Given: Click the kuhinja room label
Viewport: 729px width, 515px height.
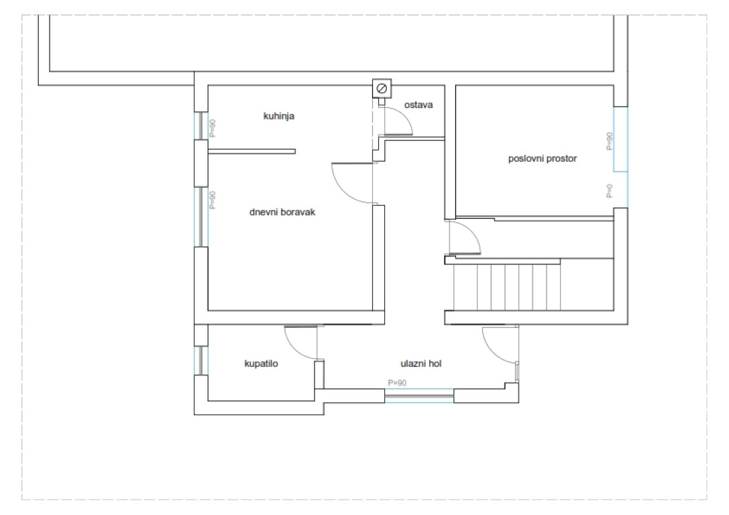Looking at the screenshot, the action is pos(279,116).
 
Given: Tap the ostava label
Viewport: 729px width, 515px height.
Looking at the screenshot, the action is pos(418,105).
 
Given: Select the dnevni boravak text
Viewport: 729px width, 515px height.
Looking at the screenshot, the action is pos(282,213).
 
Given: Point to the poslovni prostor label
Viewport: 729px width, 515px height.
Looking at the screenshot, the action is pos(542,158).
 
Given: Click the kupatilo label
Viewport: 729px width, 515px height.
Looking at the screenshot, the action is pos(261,363).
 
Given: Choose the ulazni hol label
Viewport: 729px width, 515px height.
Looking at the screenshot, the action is pos(420,363).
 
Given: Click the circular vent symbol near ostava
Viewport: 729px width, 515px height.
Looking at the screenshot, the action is pos(382,89).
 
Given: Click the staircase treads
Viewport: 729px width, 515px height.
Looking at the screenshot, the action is pos(507,287).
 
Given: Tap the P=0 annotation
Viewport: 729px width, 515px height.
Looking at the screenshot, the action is pos(610,190).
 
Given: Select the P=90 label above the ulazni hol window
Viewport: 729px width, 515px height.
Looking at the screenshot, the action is pos(397,383).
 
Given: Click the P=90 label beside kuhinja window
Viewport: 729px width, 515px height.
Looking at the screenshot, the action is pos(213,128).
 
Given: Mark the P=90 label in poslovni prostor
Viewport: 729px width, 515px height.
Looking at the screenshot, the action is pos(610,141).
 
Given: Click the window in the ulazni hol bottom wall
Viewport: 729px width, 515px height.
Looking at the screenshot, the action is pos(419,396).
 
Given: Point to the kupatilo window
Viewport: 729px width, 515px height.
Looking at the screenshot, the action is pos(201,360).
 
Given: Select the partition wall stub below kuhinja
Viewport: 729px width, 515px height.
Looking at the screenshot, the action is pos(251,151).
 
